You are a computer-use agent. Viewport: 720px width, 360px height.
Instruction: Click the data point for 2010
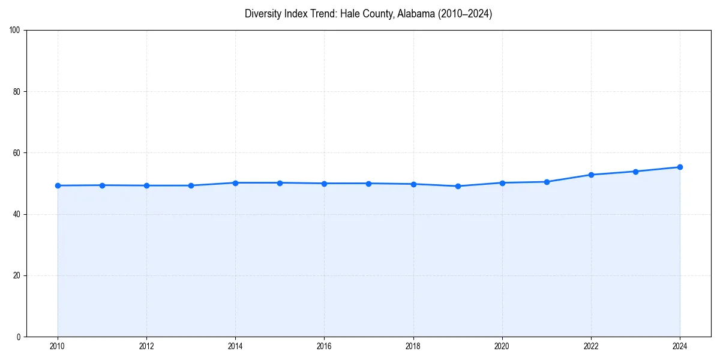click(x=58, y=185)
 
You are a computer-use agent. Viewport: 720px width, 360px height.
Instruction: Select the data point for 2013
click(x=191, y=185)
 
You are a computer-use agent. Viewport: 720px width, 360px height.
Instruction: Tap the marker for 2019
click(x=458, y=186)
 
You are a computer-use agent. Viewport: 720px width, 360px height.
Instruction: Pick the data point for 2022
click(x=591, y=175)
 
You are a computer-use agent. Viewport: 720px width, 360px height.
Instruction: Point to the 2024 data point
click(x=680, y=167)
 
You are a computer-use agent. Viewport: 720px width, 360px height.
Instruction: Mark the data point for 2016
click(x=324, y=184)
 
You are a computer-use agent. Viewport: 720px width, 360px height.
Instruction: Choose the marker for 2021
click(x=547, y=182)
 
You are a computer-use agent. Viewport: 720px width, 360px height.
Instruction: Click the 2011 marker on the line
click(x=102, y=185)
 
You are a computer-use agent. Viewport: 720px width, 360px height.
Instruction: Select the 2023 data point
click(x=635, y=172)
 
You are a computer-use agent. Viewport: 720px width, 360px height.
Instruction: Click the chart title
click(x=368, y=14)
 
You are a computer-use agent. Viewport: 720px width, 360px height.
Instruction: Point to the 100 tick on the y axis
click(x=16, y=31)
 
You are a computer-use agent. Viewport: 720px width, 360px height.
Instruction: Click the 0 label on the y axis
click(x=19, y=337)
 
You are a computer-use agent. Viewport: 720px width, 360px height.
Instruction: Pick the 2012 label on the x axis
click(x=146, y=346)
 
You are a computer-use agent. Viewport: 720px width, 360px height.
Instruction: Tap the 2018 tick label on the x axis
click(x=413, y=346)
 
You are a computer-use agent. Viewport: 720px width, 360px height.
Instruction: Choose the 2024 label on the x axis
click(x=680, y=346)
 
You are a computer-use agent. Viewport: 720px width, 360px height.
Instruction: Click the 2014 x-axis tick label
click(x=235, y=346)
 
